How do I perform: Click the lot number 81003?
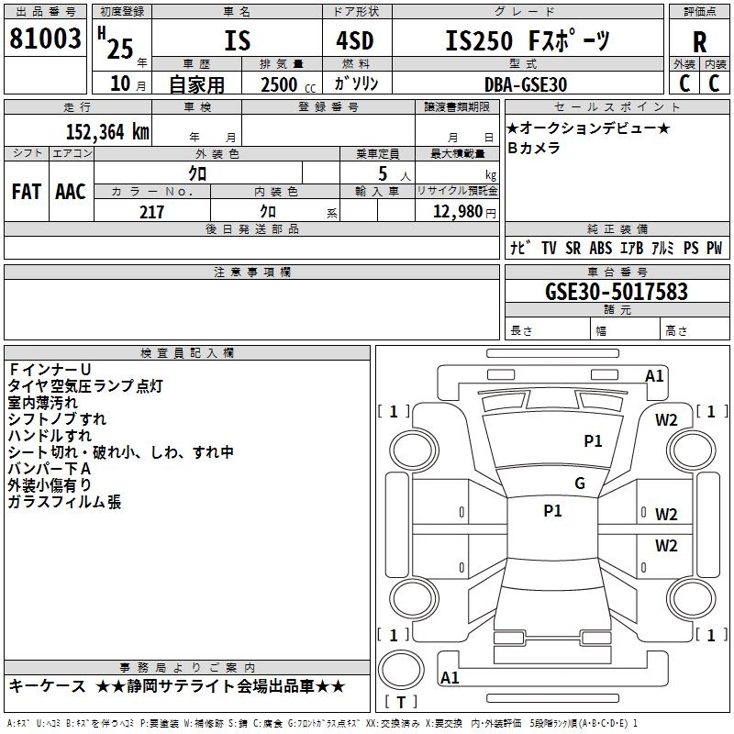coord(45,39)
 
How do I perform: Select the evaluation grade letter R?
coord(699,41)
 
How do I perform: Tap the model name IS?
coord(237,41)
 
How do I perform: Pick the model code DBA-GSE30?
coord(526,84)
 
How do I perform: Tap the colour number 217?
coord(151,212)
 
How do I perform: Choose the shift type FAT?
coord(26,192)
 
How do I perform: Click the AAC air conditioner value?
coord(70,192)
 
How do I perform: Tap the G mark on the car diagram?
coord(579,484)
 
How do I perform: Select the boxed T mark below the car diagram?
coord(400,703)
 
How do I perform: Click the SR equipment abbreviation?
coord(573,249)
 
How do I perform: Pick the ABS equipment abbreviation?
coord(601,249)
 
